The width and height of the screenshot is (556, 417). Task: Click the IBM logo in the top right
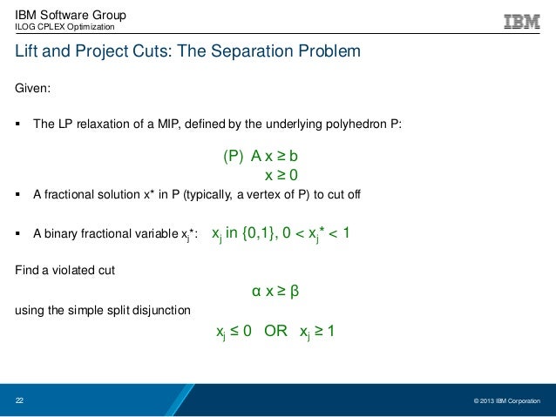pyautogui.click(x=521, y=21)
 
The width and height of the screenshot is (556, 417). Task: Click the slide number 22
pyautogui.click(x=20, y=400)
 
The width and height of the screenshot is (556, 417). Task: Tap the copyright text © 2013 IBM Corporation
pyautogui.click(x=506, y=401)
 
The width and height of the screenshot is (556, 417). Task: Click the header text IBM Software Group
pyautogui.click(x=71, y=15)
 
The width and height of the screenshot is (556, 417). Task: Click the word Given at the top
pyautogui.click(x=35, y=90)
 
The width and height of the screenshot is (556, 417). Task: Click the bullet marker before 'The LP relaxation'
pyautogui.click(x=19, y=124)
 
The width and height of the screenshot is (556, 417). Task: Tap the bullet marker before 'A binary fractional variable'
pyautogui.click(x=19, y=234)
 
